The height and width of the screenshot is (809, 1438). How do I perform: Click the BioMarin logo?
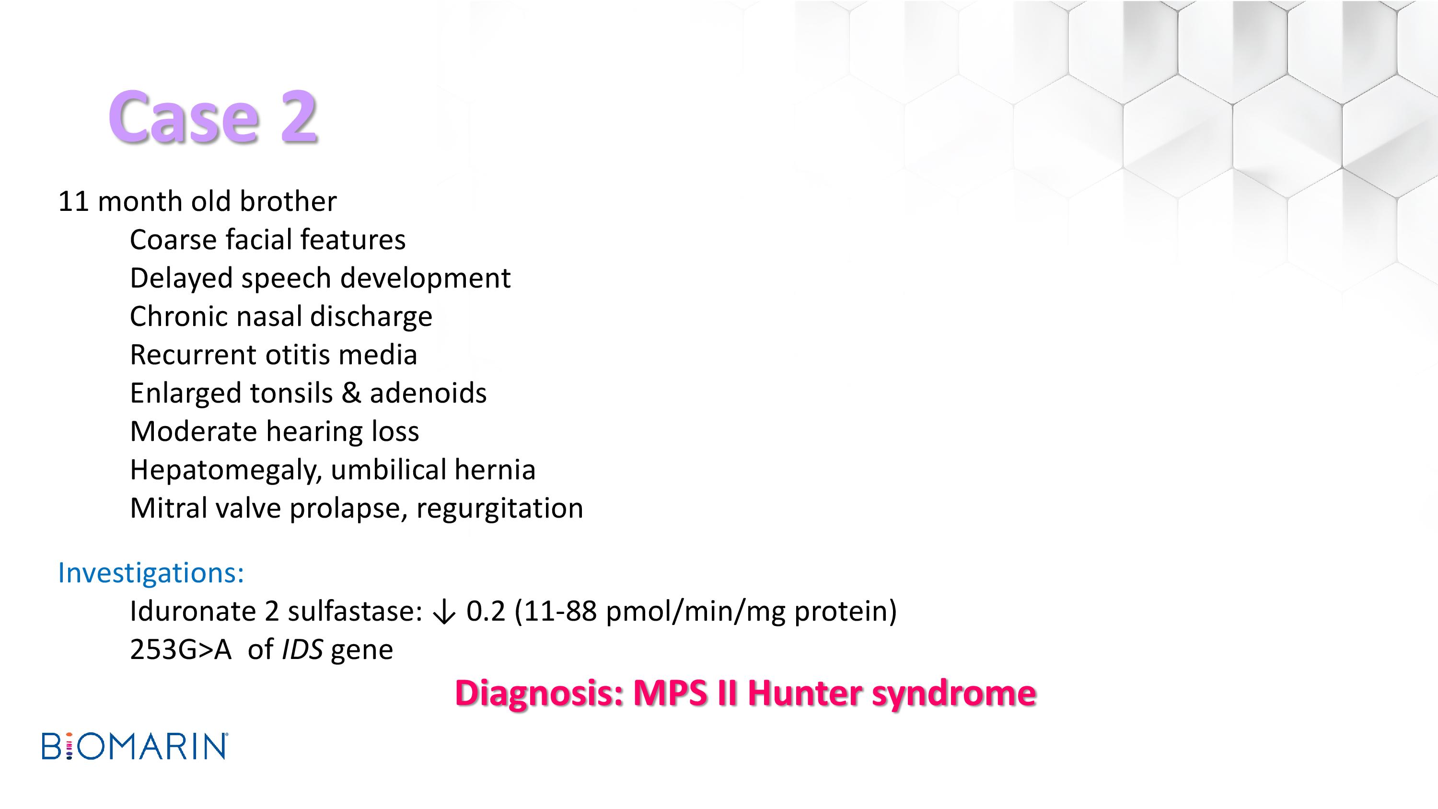(135, 746)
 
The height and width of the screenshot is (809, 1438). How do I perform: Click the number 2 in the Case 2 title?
(299, 116)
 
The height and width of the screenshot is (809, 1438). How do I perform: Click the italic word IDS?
(302, 649)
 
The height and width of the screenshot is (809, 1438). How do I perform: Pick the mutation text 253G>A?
(180, 649)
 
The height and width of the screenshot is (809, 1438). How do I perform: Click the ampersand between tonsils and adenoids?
(350, 393)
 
